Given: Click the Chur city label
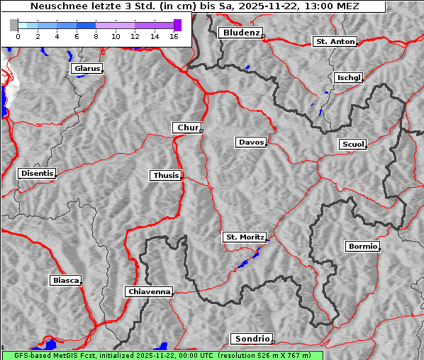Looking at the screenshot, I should [x=187, y=128].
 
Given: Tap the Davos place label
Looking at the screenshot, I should [x=251, y=142].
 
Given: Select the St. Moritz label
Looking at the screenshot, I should [x=245, y=237].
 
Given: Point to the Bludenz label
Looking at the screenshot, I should [x=240, y=33].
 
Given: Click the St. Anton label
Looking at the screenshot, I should [x=335, y=42].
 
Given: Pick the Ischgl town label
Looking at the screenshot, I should [x=349, y=77].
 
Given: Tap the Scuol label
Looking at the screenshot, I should [x=353, y=145].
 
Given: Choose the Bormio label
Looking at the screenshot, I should [x=363, y=247].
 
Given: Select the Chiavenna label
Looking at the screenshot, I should [x=149, y=291].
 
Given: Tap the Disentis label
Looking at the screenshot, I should [x=37, y=174].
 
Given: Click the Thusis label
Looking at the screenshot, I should [x=166, y=175].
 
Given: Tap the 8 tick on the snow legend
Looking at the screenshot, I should [x=96, y=36].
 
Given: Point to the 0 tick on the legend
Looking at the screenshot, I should [x=18, y=36].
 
